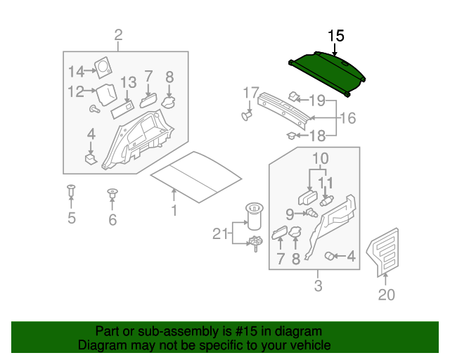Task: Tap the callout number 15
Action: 336,35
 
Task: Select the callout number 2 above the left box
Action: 118,35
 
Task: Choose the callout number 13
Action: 127,83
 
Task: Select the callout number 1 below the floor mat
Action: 174,210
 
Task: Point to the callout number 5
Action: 72,218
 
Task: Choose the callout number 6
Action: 112,220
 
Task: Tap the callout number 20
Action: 387,295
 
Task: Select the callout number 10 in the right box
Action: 320,158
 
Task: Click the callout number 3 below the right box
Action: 318,285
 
